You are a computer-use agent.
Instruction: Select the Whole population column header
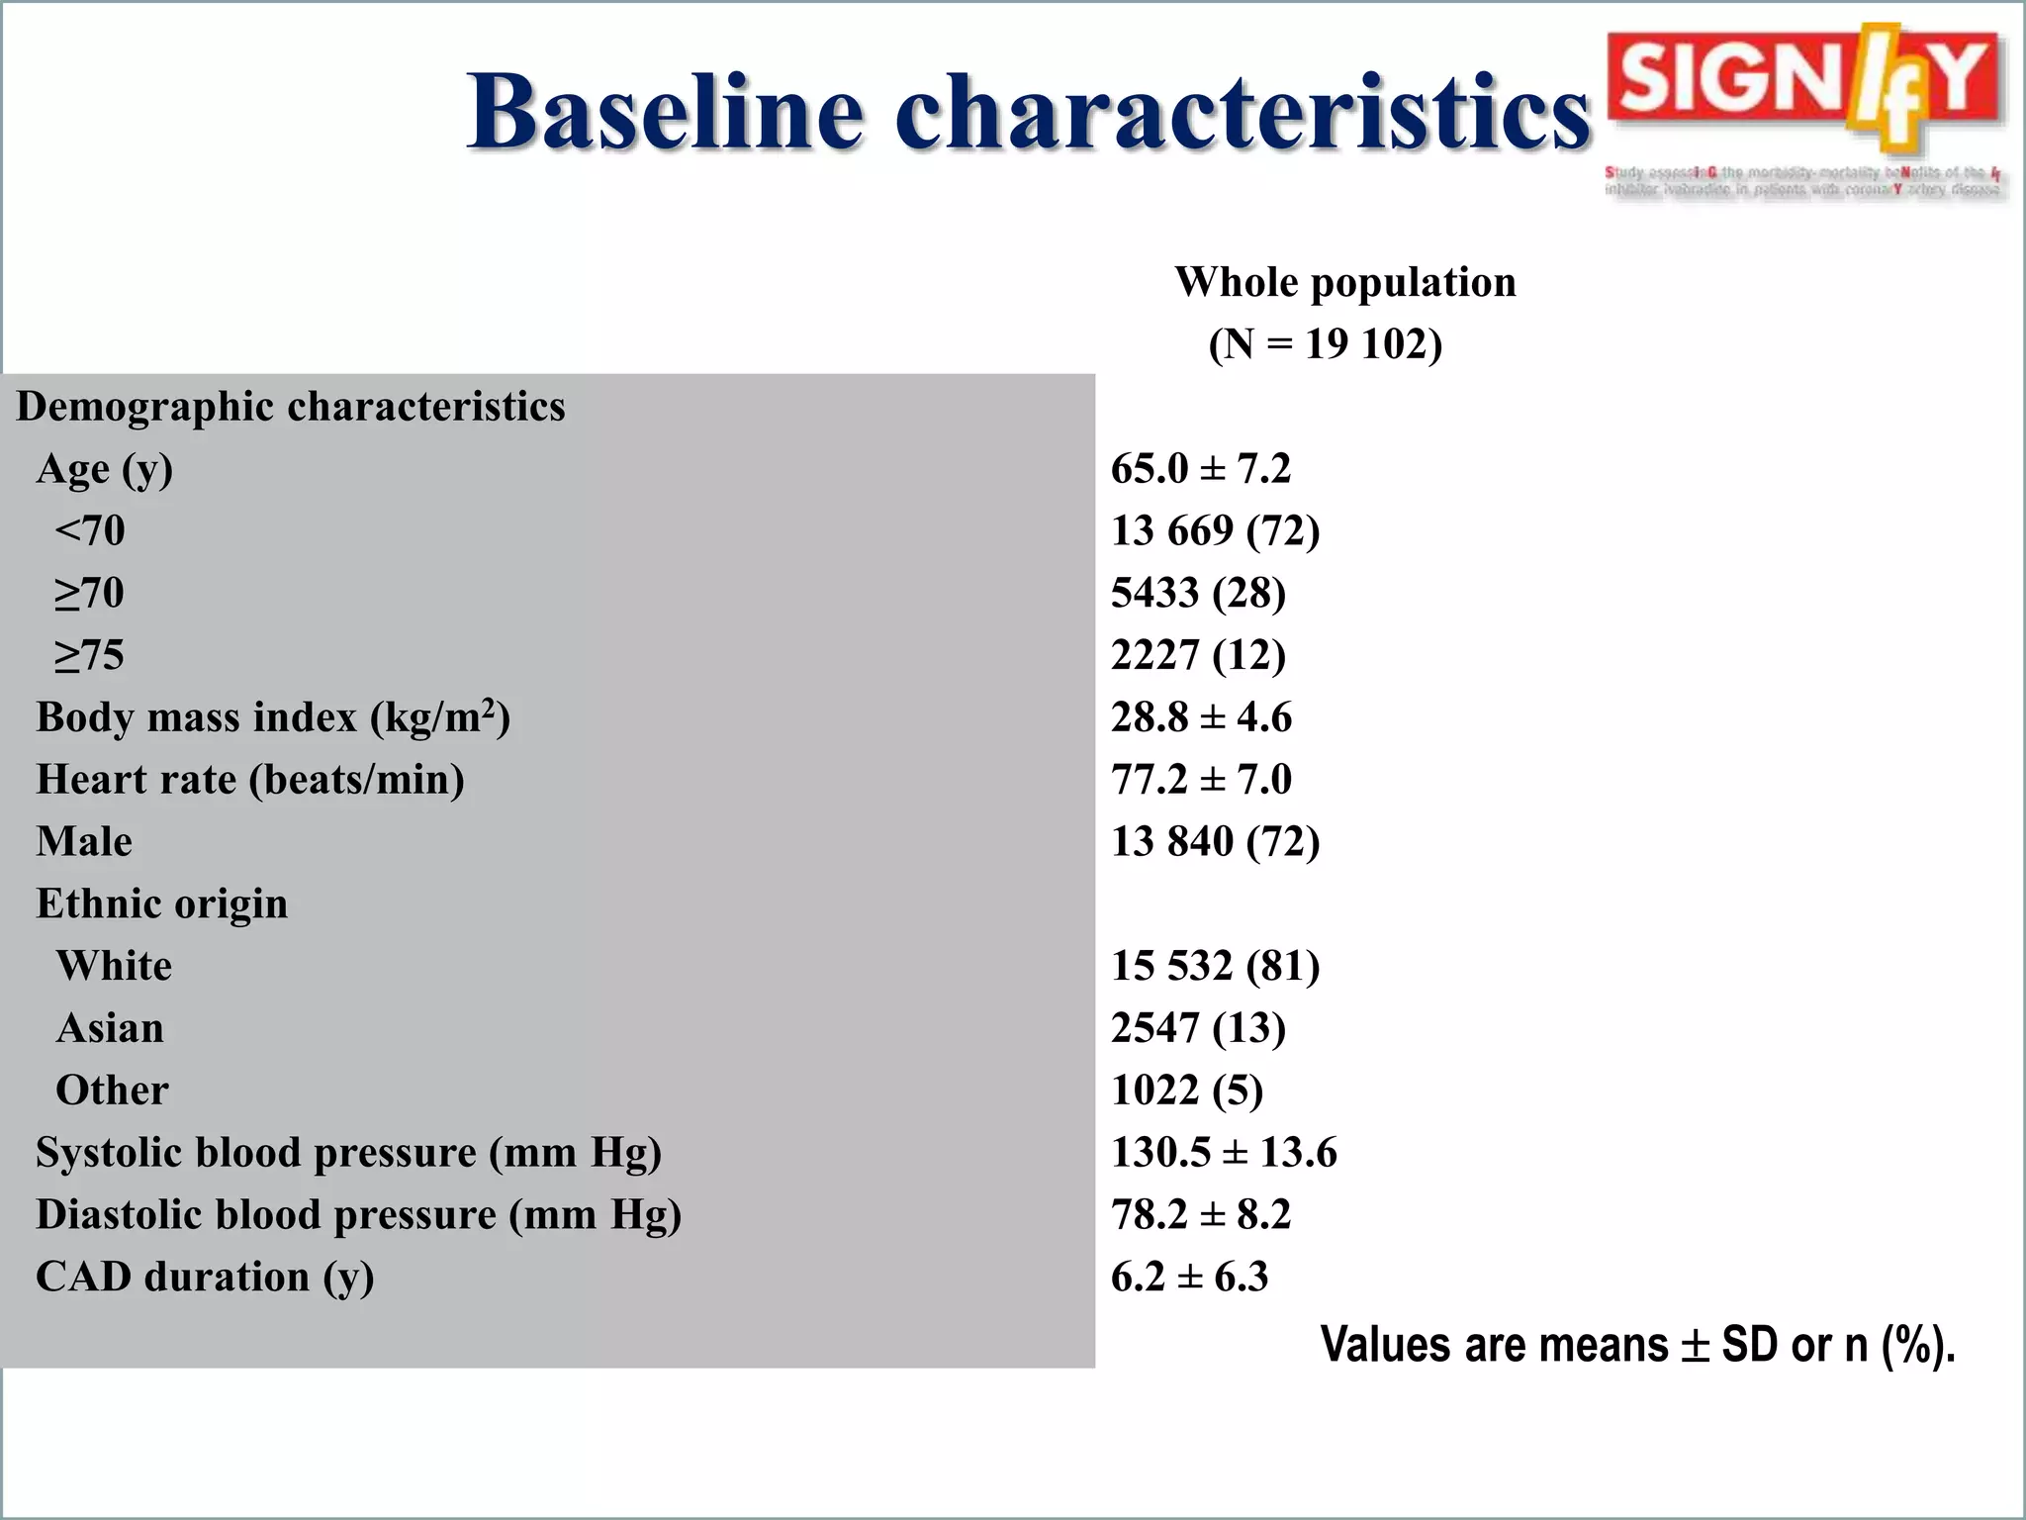[x=1344, y=283]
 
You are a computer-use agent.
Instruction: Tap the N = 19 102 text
[x=1325, y=344]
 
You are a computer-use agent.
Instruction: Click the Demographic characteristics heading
[x=291, y=407]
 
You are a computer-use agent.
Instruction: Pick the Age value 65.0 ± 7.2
[x=1200, y=469]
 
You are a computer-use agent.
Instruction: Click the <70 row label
[x=90, y=531]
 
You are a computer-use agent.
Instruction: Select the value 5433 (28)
[x=1198, y=594]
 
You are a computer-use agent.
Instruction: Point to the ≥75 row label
[x=89, y=655]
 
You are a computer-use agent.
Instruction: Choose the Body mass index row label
[x=273, y=717]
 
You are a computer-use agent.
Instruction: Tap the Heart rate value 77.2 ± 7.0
[x=1200, y=780]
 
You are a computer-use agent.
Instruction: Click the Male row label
[x=84, y=842]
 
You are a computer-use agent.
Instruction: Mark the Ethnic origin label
[x=162, y=903]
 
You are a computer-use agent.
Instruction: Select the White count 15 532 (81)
[x=1215, y=966]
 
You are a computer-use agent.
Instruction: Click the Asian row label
[x=110, y=1028]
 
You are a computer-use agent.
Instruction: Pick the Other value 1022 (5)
[x=1187, y=1091]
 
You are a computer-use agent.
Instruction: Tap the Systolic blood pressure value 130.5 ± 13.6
[x=1223, y=1153]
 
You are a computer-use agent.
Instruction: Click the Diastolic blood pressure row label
[x=358, y=1215]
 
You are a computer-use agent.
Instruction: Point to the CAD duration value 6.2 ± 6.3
[x=1189, y=1278]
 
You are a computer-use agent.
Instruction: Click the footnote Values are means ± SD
[x=1637, y=1345]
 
